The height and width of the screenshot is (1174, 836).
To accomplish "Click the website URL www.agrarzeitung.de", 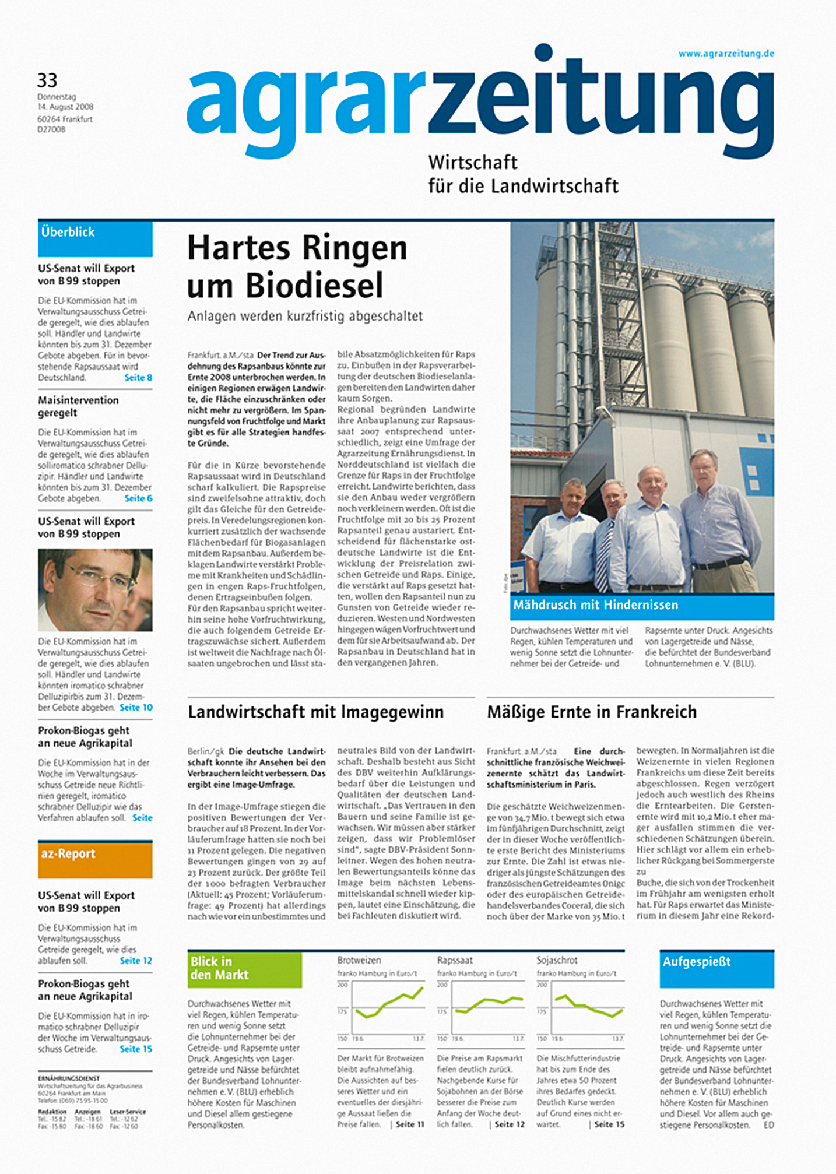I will (x=726, y=54).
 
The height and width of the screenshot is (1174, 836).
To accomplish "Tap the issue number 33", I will (x=47, y=80).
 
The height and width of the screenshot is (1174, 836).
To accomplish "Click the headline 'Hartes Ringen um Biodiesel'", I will (x=297, y=266).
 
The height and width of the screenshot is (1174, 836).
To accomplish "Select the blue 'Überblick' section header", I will (x=95, y=238).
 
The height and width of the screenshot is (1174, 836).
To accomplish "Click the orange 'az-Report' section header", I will (x=95, y=859).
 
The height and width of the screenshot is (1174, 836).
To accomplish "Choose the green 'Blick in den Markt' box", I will (x=244, y=969).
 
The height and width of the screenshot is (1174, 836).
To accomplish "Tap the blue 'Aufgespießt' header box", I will (x=716, y=969).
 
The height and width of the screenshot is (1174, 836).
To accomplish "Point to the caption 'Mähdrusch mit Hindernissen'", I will (x=595, y=605).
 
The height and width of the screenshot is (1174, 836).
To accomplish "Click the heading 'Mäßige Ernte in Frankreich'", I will (x=592, y=712).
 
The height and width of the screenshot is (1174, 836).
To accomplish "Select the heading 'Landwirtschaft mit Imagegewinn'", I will (x=315, y=712).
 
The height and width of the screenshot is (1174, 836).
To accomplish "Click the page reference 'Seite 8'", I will (x=138, y=378).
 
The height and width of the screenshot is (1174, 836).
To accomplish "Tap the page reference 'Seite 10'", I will (x=136, y=708).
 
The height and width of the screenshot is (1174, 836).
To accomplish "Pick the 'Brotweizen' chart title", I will (x=359, y=960).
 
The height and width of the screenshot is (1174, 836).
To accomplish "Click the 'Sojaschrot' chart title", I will (x=557, y=960).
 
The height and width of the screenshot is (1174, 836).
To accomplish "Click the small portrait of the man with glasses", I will (x=95, y=589).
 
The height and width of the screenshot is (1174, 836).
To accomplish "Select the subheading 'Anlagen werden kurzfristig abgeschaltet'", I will (x=305, y=317).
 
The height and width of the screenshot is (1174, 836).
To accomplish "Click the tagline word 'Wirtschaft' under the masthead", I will (x=473, y=162).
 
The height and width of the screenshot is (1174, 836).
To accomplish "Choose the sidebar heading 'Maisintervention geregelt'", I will (x=78, y=406).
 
